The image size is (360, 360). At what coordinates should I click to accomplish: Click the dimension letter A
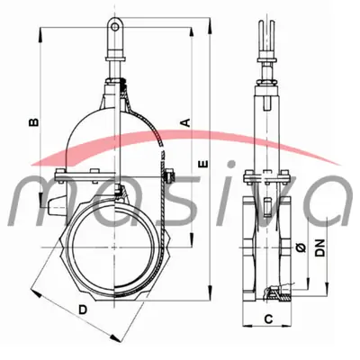pos(186,122)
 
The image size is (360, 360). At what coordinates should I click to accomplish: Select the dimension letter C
pos(268,319)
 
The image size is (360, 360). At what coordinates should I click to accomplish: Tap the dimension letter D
pos(83,310)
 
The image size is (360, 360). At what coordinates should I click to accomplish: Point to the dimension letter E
pos(203,164)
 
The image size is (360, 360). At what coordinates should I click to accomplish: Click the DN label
pos(320,247)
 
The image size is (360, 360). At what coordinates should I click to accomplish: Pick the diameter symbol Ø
pos(301,247)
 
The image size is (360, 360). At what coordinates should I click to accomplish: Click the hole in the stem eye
pos(114,27)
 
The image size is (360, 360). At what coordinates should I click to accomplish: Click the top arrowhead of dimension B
pos(40,34)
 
